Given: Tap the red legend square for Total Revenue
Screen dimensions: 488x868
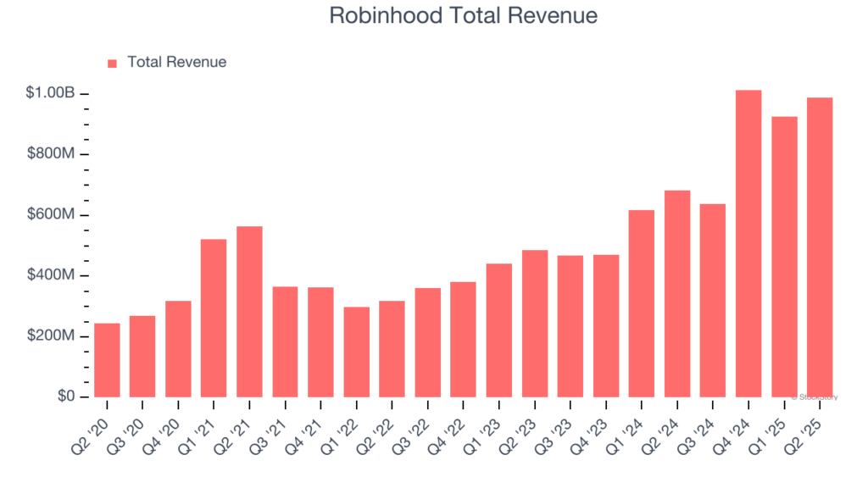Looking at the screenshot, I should [x=112, y=63].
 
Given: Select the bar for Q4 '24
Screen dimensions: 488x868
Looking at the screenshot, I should [x=748, y=243].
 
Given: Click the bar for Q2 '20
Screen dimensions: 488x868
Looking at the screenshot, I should [x=107, y=360].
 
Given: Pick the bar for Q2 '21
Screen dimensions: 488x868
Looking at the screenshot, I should [x=249, y=311].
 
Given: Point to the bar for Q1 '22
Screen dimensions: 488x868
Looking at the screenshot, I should [x=356, y=352].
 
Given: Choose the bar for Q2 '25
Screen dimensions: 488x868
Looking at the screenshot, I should [x=820, y=247].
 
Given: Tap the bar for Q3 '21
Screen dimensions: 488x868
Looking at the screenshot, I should [x=285, y=341].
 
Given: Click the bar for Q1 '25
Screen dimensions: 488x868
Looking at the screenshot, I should [x=784, y=256].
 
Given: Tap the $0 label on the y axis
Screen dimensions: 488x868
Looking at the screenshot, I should [x=66, y=396].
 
